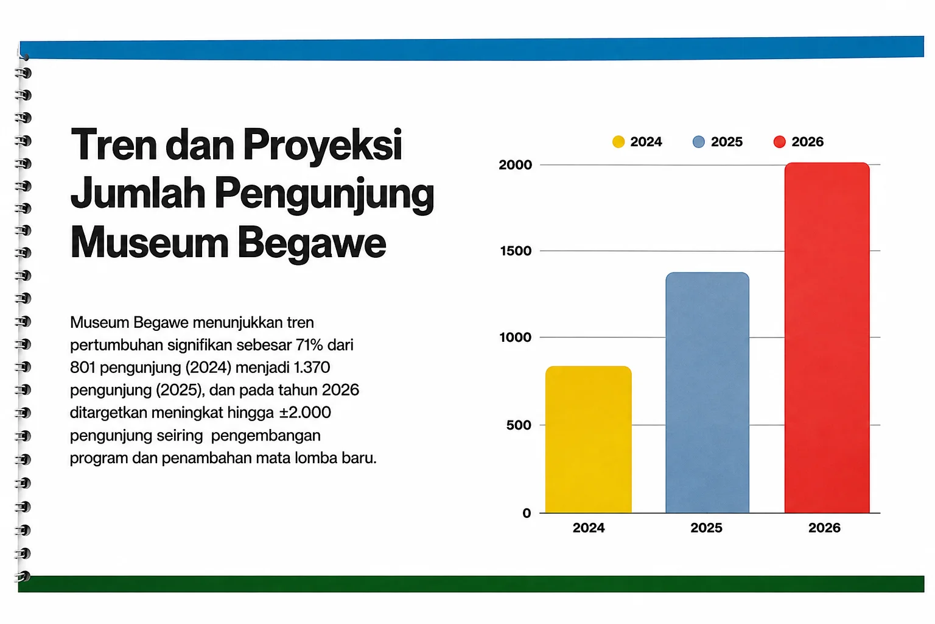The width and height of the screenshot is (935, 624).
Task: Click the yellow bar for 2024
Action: click(x=588, y=439)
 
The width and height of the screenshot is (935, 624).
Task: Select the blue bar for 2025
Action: click(x=707, y=392)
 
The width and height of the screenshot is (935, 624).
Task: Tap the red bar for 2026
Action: click(x=827, y=338)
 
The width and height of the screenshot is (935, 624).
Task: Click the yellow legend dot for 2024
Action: click(x=618, y=142)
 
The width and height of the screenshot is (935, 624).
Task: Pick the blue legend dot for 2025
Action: click(x=699, y=142)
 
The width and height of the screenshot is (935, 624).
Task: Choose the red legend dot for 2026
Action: click(x=779, y=142)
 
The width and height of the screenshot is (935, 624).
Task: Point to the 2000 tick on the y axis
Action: click(x=516, y=165)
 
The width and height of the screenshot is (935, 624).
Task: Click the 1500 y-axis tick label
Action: click(x=516, y=251)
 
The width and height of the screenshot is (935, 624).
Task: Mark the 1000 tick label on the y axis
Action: click(x=516, y=337)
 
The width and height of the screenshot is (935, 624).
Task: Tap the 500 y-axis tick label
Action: click(x=519, y=425)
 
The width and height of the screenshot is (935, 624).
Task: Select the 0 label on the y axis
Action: click(x=527, y=513)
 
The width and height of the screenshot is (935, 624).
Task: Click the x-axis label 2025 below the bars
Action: click(x=706, y=528)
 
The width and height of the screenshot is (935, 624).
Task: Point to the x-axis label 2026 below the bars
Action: click(x=824, y=528)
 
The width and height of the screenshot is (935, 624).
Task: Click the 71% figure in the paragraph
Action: click(x=309, y=345)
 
